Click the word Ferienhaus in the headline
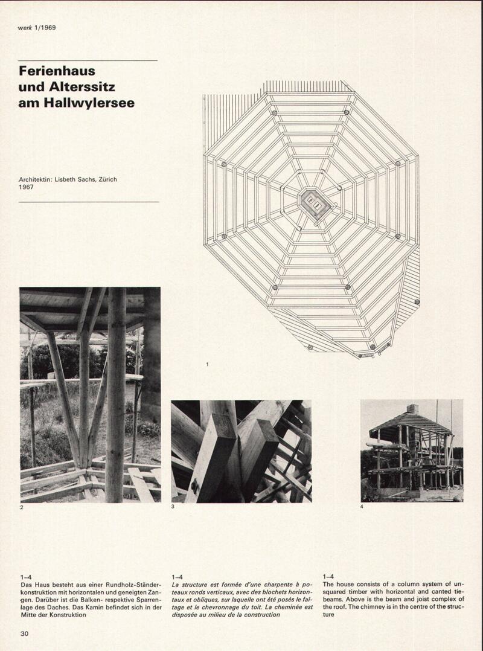pos(57,71)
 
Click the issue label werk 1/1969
pos(36,28)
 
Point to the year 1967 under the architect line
pos(26,187)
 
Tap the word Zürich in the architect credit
pos(107,179)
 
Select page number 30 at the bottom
pos(25,633)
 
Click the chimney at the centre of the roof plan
pos(315,204)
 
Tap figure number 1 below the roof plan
pos(207,365)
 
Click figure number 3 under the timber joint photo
pos(173,507)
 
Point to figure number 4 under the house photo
pos(362,507)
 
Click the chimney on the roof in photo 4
pos(412,409)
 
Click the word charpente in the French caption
pos(272,585)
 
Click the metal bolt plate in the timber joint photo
pos(194,486)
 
